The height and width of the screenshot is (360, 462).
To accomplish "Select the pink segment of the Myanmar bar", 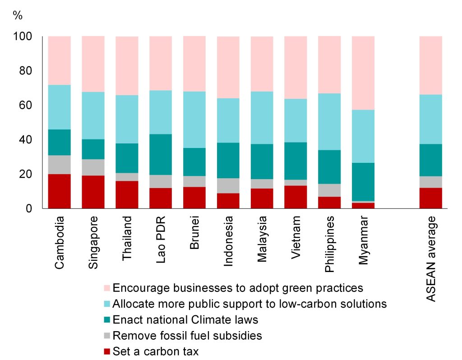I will (x=363, y=73).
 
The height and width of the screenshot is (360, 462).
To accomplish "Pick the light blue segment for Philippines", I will (x=329, y=122).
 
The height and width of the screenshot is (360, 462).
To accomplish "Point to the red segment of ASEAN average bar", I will (x=431, y=198).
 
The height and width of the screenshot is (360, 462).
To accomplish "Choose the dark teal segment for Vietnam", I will (x=296, y=161).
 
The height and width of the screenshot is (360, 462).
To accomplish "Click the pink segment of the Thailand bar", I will (x=127, y=65).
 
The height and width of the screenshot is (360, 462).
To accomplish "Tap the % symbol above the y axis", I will (x=18, y=15).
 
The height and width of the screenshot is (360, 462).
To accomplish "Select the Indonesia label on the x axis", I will (x=228, y=242).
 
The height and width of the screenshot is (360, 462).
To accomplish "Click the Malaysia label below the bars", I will (x=262, y=241).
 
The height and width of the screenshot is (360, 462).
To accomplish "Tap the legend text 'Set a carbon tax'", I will (x=156, y=351).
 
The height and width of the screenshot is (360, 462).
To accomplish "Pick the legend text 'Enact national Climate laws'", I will (x=185, y=320).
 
